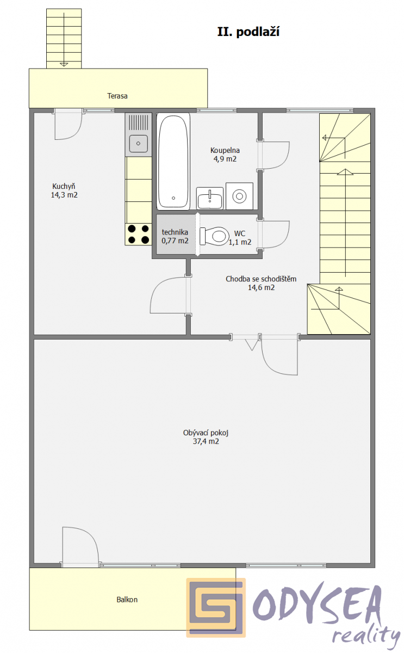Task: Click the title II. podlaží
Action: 248,32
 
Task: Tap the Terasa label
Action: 117,96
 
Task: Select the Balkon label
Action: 127,600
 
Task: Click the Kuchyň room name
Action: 64,186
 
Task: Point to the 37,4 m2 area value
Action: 206,442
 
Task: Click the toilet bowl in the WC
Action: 214,236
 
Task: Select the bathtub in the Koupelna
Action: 173,161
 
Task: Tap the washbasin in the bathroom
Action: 210,198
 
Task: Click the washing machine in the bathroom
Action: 239,196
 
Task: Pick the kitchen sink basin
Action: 138,144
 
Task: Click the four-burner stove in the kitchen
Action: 138,235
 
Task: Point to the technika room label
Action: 175,232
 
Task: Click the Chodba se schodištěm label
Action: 261,279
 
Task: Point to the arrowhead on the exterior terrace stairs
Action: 64,64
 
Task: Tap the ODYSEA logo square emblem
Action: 216,608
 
